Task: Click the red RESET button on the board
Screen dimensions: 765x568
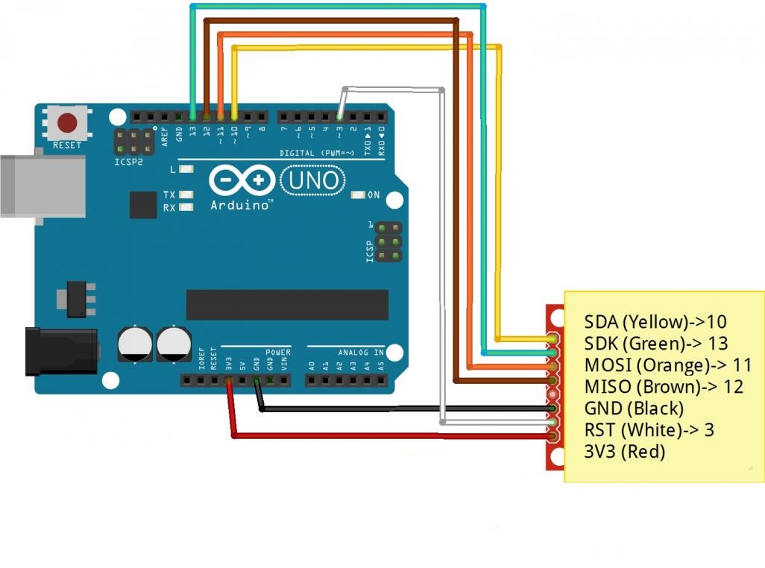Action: click(x=67, y=123)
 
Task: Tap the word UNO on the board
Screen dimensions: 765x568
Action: click(x=313, y=180)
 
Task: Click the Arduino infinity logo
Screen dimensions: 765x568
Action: click(x=242, y=180)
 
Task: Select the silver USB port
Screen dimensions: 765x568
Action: click(x=43, y=186)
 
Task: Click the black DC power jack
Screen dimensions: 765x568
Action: click(x=62, y=352)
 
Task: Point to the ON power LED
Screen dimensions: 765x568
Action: click(x=358, y=195)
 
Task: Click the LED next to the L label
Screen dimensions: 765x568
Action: click(x=186, y=169)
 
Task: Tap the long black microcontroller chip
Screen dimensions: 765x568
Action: click(x=287, y=305)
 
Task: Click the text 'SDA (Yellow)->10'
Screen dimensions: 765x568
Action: click(x=655, y=322)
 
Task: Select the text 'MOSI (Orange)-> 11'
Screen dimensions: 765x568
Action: click(x=668, y=365)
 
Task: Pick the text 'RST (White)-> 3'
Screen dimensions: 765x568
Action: click(x=649, y=430)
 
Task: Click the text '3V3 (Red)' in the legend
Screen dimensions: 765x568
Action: click(x=625, y=452)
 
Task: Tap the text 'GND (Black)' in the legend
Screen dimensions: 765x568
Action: click(x=634, y=408)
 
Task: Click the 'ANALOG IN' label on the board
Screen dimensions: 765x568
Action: click(x=361, y=352)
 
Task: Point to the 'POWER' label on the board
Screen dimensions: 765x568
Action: click(x=277, y=352)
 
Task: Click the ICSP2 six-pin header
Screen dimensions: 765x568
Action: click(x=133, y=142)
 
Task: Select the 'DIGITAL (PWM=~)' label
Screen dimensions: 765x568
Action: click(x=317, y=153)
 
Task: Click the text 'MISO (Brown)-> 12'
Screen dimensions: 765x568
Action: click(x=664, y=387)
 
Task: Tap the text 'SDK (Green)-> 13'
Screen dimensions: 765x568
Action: click(x=656, y=344)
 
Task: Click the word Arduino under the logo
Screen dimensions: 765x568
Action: click(x=239, y=205)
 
